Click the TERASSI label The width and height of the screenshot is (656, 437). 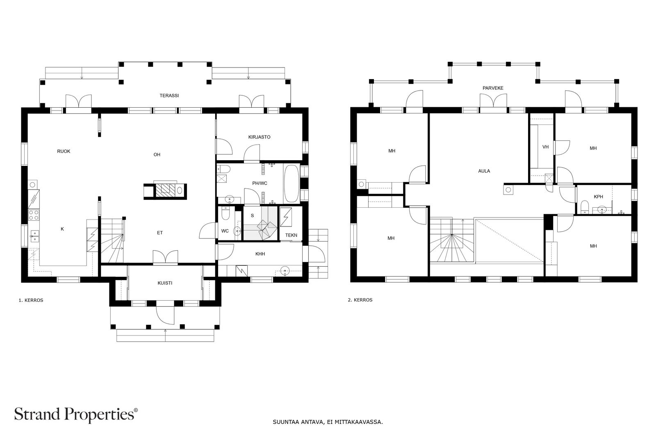click(x=169, y=96)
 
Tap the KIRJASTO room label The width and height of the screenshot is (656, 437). click(x=259, y=137)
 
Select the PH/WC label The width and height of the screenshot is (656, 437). click(x=260, y=183)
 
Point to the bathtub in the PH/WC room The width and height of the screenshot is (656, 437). click(x=292, y=184)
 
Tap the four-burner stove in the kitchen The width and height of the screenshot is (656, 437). click(x=34, y=215)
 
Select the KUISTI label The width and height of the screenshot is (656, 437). click(x=165, y=283)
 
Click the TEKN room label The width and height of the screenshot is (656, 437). click(x=291, y=235)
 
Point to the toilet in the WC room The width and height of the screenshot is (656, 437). click(x=225, y=213)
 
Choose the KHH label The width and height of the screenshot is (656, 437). click(x=260, y=254)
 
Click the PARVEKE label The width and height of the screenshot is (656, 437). click(x=493, y=88)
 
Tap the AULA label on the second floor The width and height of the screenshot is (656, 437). click(x=484, y=171)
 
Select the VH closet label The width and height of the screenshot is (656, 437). click(x=545, y=147)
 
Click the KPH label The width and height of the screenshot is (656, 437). click(x=598, y=197)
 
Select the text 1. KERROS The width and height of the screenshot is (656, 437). click(x=31, y=300)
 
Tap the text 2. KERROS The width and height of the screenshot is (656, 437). click(x=360, y=300)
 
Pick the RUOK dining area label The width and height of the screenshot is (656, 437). click(x=64, y=151)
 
